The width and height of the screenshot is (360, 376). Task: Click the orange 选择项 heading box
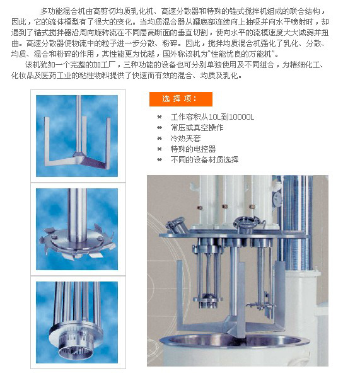click(x=181, y=99)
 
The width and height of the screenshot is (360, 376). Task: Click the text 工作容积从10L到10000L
click(x=212, y=117)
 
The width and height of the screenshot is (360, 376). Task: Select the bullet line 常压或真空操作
click(x=197, y=128)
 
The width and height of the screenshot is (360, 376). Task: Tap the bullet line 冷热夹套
click(x=185, y=139)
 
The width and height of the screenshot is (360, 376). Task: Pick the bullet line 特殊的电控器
click(x=193, y=149)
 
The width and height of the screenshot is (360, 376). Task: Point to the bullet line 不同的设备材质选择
click(x=204, y=160)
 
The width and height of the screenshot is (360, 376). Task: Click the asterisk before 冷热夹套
click(x=160, y=139)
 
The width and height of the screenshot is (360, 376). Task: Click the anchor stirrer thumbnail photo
click(x=77, y=136)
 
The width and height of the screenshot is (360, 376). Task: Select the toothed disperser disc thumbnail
click(x=77, y=229)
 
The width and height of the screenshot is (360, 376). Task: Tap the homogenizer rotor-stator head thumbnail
click(x=77, y=322)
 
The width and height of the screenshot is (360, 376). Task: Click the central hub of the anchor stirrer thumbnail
click(x=78, y=155)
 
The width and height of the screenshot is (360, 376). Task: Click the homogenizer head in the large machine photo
click(x=208, y=301)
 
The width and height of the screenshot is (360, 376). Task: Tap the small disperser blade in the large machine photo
click(x=260, y=305)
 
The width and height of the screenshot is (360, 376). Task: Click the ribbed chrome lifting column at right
click(x=295, y=223)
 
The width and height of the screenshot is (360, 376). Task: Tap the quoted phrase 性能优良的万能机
click(x=241, y=54)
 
